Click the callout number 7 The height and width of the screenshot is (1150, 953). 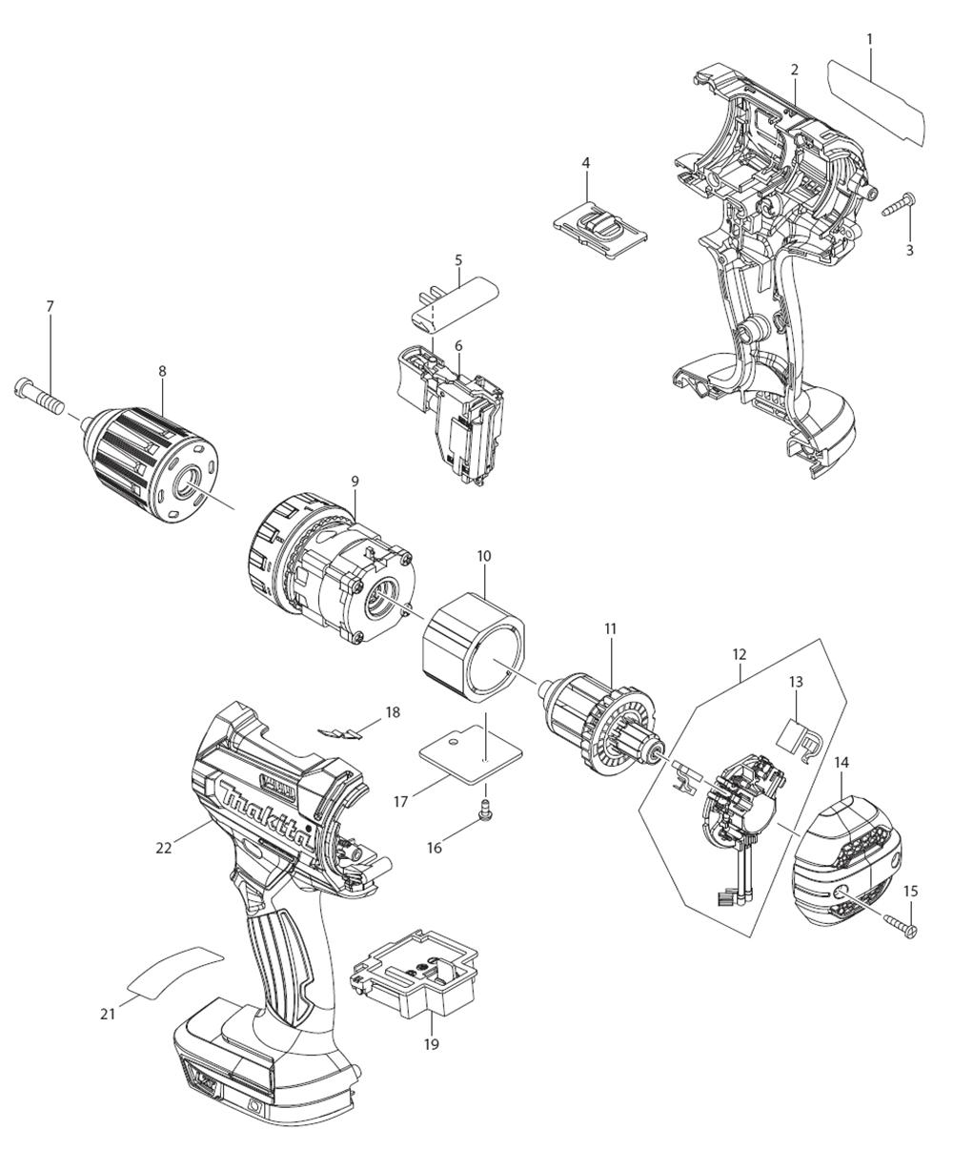pos(51,307)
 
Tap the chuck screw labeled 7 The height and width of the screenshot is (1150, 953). pos(37,397)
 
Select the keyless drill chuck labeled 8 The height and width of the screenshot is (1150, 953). pos(152,463)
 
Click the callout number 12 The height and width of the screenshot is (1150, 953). pos(740,654)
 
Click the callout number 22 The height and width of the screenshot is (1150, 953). pos(164,848)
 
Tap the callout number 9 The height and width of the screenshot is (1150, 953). pos(355,481)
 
